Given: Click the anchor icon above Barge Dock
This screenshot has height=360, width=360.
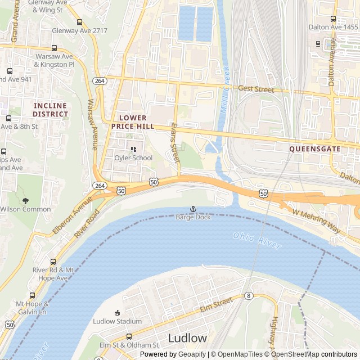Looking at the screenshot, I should pos(193,209).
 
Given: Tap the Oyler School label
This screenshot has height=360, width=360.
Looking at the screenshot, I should pos(133,158).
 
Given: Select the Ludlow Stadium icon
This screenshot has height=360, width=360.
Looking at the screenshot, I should pos(117,313).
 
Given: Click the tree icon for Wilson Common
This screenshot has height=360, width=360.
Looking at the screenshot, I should pos(25,200).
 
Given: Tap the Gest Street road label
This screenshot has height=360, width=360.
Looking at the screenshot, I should pos(256,89).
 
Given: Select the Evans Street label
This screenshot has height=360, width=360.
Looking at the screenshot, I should pos(174,143).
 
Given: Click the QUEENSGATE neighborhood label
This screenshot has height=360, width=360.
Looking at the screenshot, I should pos(314,149).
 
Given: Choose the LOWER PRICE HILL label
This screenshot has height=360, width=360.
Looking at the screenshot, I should pos(133,122).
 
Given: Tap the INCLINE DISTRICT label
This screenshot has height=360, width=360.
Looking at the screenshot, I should pos(50,110).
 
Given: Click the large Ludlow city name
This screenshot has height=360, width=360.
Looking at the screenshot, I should pos(187,338).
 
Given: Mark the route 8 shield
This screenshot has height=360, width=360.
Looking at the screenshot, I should pos(248,296).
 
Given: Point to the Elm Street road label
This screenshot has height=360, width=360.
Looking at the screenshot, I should pos(216,305).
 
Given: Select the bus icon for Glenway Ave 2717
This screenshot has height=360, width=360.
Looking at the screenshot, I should pos(79,22).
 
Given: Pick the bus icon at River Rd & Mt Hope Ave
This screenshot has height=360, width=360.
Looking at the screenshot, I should pos(53,262).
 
